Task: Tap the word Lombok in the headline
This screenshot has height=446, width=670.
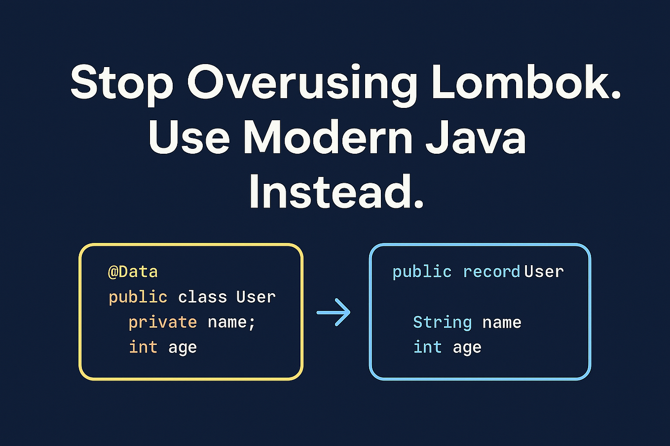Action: click(x=526, y=81)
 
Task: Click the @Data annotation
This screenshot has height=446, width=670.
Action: click(x=133, y=272)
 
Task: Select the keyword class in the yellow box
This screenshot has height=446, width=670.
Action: click(x=202, y=297)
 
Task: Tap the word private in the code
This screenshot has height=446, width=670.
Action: click(x=162, y=322)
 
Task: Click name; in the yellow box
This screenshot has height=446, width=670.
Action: click(x=231, y=322)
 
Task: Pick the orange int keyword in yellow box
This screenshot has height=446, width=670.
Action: click(x=143, y=347)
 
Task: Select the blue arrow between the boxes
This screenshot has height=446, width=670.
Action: click(x=334, y=312)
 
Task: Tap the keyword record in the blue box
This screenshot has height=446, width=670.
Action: click(x=491, y=272)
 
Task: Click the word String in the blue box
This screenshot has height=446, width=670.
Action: click(x=442, y=322)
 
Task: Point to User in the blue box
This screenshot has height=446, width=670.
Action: click(x=544, y=272)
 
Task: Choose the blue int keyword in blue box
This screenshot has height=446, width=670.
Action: click(x=427, y=347)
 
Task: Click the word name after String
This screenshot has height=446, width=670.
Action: click(x=502, y=322)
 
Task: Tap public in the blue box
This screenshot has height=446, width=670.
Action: click(x=422, y=272)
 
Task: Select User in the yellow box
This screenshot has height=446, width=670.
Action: click(x=256, y=297)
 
